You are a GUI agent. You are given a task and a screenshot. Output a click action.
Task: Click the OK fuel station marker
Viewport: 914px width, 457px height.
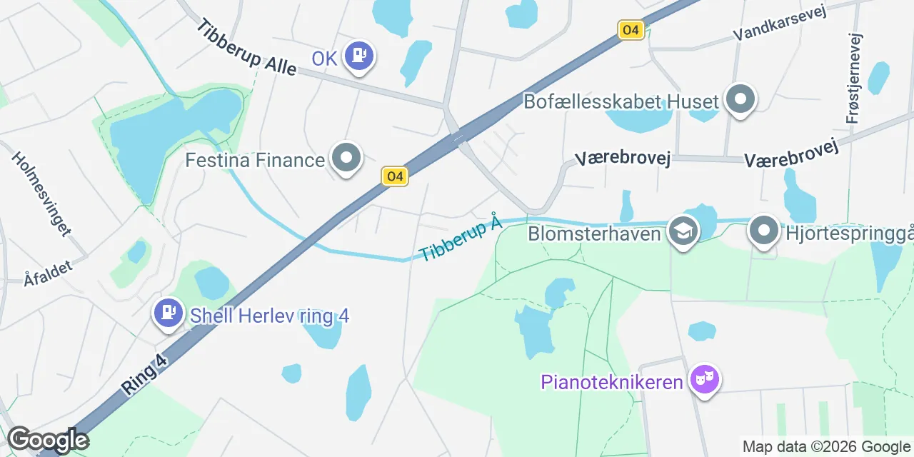(x=358, y=56)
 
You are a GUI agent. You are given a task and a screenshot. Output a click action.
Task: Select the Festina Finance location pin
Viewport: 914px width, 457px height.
(x=347, y=159)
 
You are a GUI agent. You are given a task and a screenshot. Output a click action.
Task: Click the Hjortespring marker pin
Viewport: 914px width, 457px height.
(x=764, y=231)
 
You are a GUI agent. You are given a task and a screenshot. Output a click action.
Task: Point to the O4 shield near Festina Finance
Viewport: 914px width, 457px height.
(x=394, y=176)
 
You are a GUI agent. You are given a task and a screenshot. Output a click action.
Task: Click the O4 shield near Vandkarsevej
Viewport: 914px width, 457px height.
(x=631, y=30)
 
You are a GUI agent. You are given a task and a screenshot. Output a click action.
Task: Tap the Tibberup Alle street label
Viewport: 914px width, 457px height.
(x=246, y=49)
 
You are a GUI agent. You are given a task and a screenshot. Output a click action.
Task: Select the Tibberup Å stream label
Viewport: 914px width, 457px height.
(x=461, y=240)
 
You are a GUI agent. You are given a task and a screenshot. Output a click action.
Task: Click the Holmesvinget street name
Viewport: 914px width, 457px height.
(x=41, y=194)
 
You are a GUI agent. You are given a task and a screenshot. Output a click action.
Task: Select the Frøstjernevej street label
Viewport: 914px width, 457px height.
(x=854, y=79)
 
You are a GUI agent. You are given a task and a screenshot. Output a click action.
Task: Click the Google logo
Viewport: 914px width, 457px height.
(x=47, y=440)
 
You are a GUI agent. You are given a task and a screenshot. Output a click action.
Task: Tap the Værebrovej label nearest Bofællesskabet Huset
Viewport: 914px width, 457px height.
(x=623, y=159)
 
